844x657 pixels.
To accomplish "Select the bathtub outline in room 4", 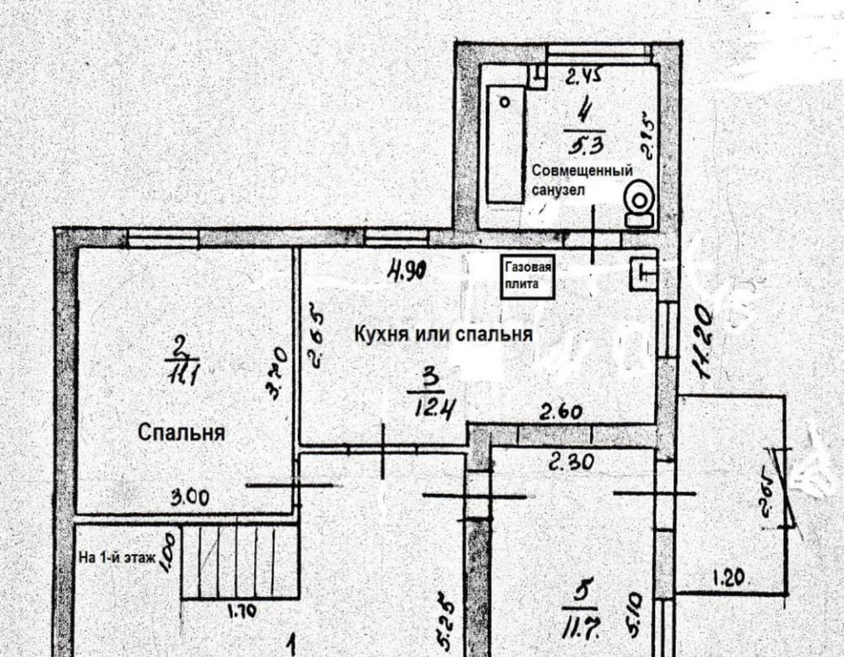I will click(x=506, y=144).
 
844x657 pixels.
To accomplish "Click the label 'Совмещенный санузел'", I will click(x=582, y=181).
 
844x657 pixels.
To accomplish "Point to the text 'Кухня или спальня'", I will click(x=443, y=334).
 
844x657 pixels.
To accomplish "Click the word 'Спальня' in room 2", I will click(x=181, y=432).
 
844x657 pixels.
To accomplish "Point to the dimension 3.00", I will click(x=189, y=497).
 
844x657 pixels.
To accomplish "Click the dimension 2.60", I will click(x=562, y=414).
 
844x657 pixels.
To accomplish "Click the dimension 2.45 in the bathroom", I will click(x=582, y=78).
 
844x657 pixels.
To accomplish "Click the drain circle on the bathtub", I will click(x=505, y=100).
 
